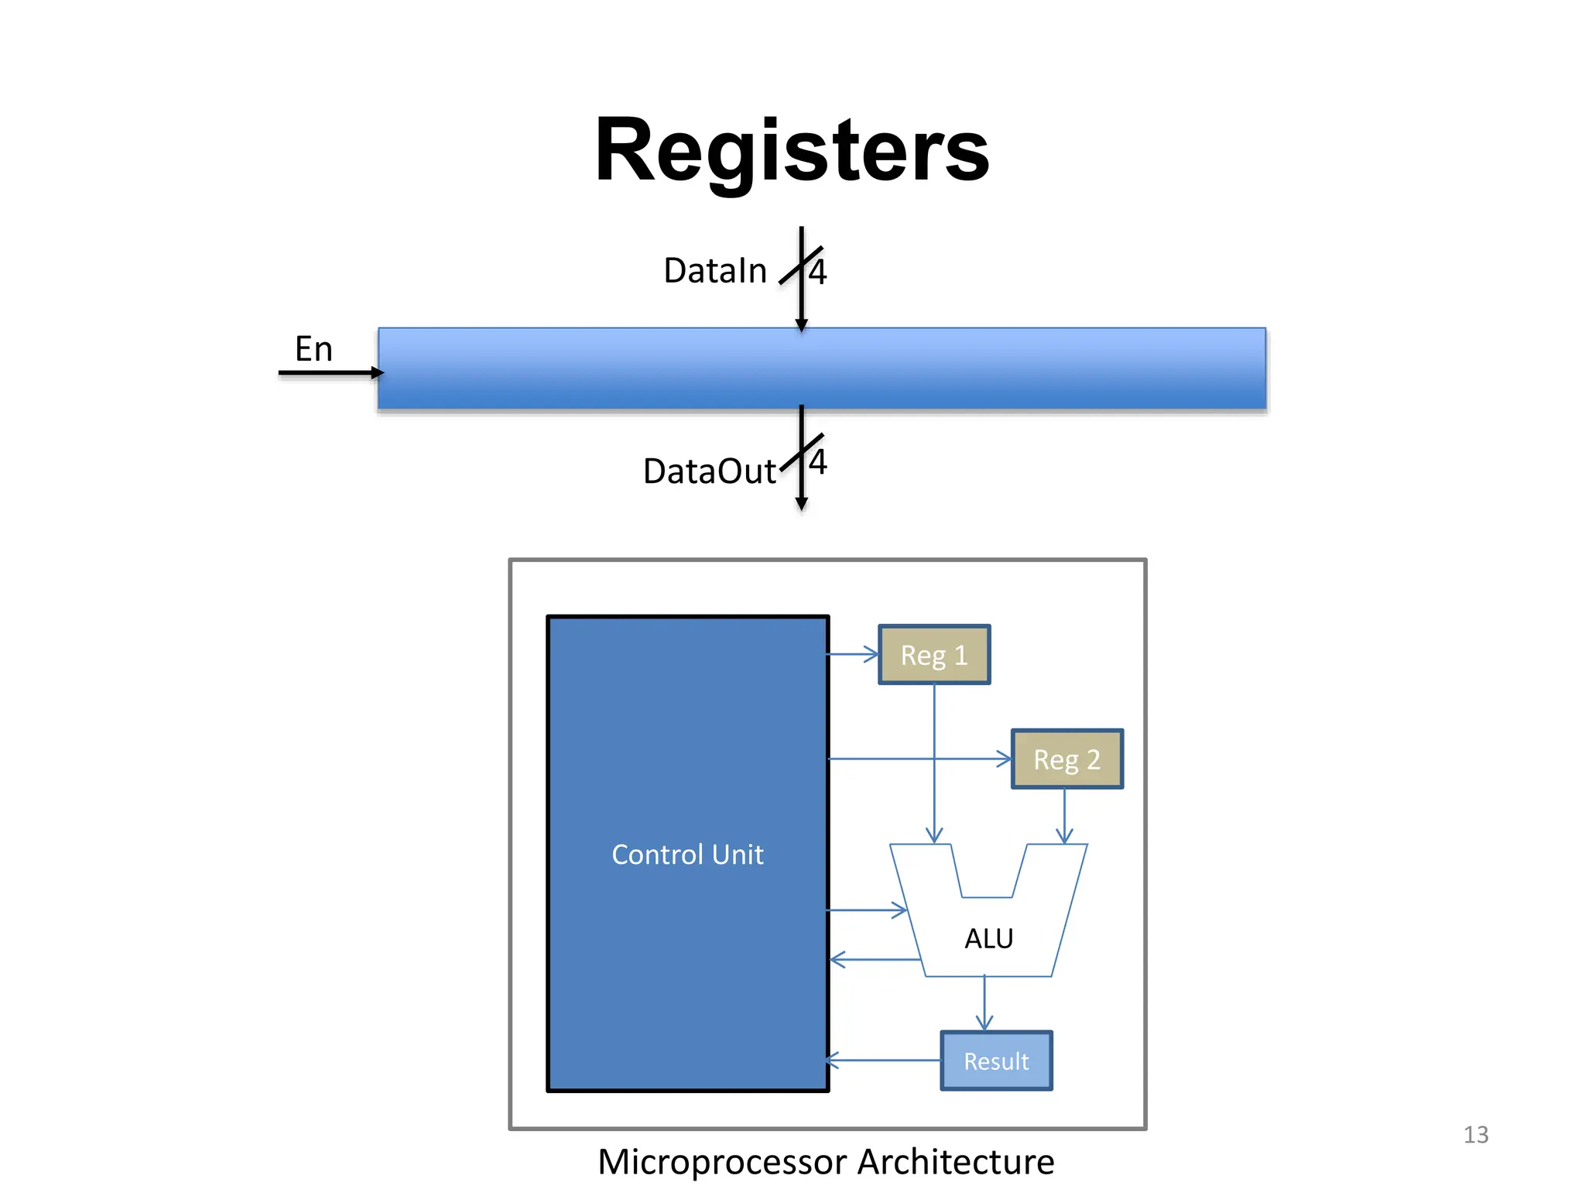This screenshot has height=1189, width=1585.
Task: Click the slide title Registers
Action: [791, 150]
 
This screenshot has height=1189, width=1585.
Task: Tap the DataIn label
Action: [714, 271]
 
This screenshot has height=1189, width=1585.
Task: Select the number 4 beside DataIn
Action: [818, 272]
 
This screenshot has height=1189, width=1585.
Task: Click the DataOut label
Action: [709, 471]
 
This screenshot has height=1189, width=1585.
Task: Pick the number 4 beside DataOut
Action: [818, 462]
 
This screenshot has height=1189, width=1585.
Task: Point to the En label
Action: [313, 349]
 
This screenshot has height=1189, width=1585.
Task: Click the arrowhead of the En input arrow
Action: [378, 373]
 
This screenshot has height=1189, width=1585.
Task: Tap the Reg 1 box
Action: [934, 655]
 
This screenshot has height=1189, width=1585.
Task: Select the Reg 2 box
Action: [1066, 759]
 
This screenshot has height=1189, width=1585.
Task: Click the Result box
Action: [996, 1061]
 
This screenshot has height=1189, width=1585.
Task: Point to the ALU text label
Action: [988, 939]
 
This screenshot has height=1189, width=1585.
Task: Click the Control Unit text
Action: [687, 855]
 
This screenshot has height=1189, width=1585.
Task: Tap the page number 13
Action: [1475, 1135]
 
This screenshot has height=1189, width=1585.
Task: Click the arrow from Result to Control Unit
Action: [882, 1061]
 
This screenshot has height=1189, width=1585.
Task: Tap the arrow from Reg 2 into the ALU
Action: [1064, 817]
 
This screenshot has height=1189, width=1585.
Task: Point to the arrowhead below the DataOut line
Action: [802, 504]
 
